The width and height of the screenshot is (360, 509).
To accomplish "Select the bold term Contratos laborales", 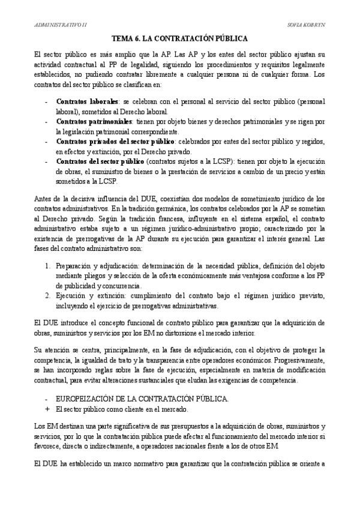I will point(87,102).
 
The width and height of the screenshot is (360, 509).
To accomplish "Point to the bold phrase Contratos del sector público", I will point(100,161).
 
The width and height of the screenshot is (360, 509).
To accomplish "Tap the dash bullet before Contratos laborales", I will point(47,102).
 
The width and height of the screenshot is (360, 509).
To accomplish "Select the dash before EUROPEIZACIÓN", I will point(47,399).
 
